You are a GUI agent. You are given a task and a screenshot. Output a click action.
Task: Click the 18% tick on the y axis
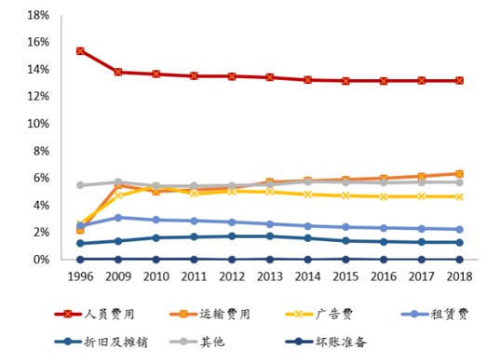tap(37, 16)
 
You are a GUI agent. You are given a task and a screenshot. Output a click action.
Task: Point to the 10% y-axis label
tap(37, 124)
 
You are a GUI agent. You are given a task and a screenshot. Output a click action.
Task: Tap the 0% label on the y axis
tap(41, 260)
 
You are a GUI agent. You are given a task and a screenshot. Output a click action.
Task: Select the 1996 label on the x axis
tap(80, 276)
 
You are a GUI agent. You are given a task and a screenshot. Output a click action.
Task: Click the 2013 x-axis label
tap(270, 276)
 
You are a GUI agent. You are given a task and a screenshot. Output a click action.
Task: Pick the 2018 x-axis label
tap(458, 276)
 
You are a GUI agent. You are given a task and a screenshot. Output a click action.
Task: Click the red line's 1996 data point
tap(80, 51)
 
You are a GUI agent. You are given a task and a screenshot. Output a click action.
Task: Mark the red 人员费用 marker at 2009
tap(118, 72)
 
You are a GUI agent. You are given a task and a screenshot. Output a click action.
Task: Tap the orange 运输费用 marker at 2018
tap(458, 174)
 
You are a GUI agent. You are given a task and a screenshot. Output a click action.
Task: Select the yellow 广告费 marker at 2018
tap(458, 196)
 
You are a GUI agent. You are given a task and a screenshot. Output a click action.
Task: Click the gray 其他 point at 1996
tap(80, 185)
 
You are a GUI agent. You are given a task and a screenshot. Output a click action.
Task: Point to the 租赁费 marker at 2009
tap(118, 218)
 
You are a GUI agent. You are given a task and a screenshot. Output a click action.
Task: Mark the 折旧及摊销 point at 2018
tap(458, 242)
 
